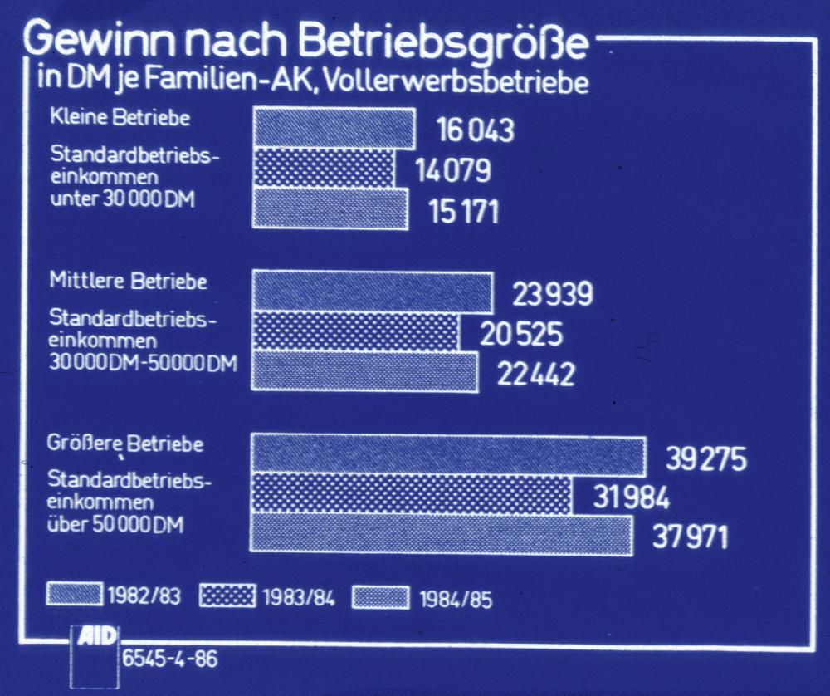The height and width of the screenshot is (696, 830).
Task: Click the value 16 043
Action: (x=476, y=131)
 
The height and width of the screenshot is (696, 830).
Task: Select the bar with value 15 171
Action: (x=330, y=208)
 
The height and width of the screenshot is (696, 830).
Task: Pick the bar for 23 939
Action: (x=372, y=292)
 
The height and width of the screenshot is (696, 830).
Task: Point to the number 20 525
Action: (x=521, y=334)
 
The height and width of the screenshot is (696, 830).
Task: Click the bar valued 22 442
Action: (x=364, y=371)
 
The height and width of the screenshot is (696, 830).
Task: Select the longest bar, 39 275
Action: (x=448, y=456)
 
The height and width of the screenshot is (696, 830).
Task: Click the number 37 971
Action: (x=689, y=536)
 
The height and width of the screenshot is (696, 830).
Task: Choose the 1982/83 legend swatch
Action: (x=76, y=595)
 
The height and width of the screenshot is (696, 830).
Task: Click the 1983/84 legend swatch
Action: (x=227, y=596)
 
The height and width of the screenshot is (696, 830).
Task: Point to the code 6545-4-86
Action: (x=170, y=661)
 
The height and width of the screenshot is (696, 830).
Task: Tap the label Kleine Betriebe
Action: (x=120, y=117)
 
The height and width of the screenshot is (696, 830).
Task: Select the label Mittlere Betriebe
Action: (x=129, y=281)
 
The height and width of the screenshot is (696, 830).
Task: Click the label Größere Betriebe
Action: (x=125, y=444)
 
